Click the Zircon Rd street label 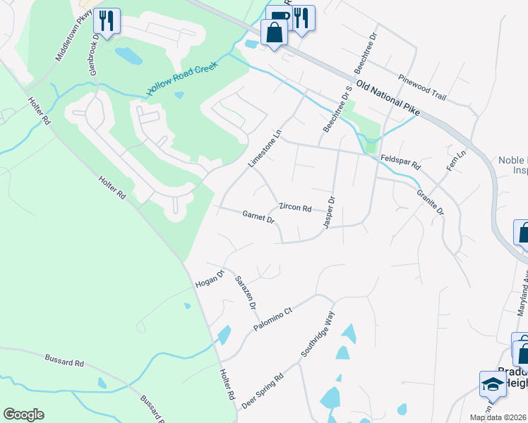pyautogui.click(x=296, y=207)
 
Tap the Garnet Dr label pyautogui.click(x=258, y=216)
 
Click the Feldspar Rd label pyautogui.click(x=400, y=163)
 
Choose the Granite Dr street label pyautogui.click(x=430, y=202)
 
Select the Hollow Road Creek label pyautogui.click(x=181, y=79)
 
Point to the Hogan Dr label pyautogui.click(x=210, y=277)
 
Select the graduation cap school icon pyautogui.click(x=493, y=384)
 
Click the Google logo pyautogui.click(x=23, y=415)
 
